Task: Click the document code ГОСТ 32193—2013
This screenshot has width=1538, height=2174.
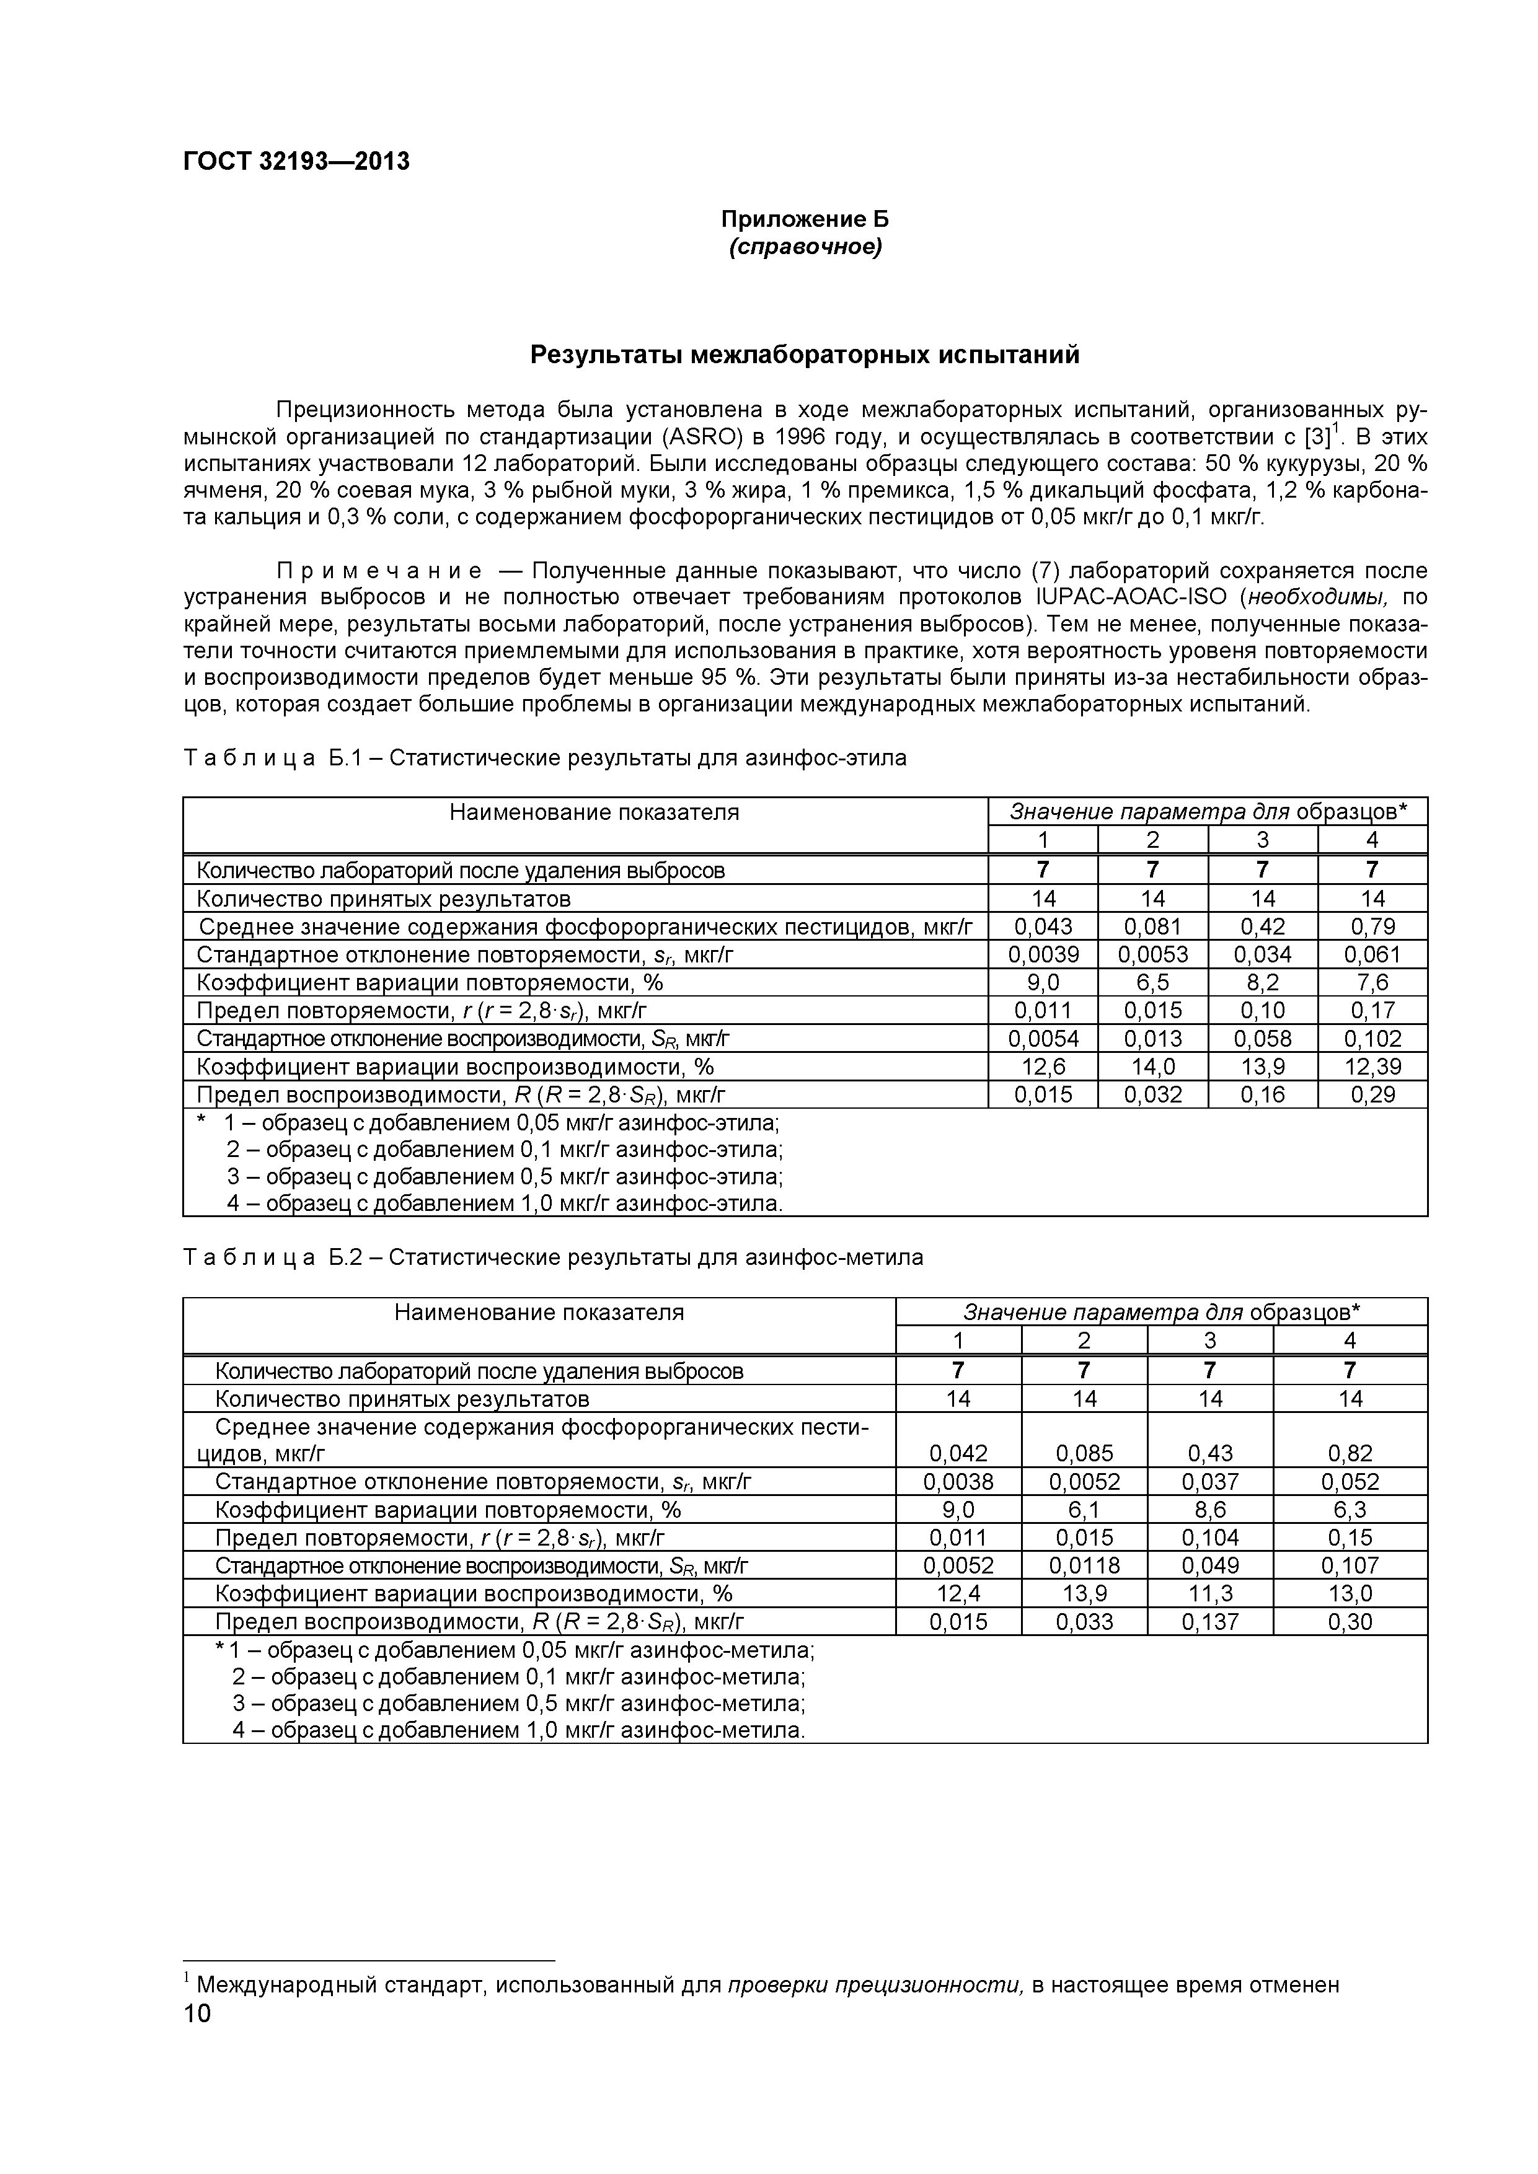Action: click(x=296, y=162)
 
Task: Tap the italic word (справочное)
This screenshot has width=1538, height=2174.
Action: click(x=805, y=247)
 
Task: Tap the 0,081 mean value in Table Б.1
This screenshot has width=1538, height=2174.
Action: click(x=1152, y=926)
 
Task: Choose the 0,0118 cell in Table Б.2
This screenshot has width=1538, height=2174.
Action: click(x=1084, y=1566)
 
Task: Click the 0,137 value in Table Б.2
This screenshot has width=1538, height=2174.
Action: click(x=1210, y=1622)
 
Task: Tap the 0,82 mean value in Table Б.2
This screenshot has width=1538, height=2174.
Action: click(x=1350, y=1453)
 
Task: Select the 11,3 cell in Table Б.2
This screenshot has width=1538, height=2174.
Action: click(x=1210, y=1593)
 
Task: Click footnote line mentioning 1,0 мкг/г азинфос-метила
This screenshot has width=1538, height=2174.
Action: click(x=519, y=1731)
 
